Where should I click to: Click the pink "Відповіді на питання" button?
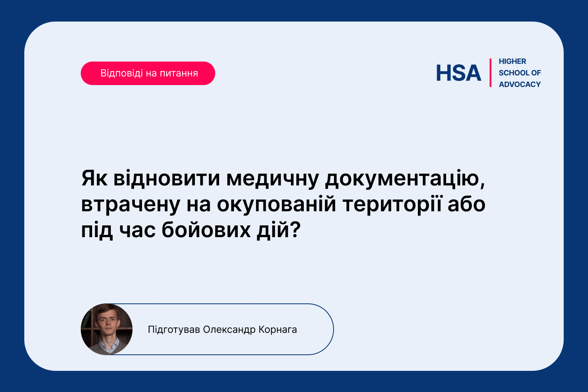[x=148, y=73]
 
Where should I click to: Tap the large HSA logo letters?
[x=458, y=73]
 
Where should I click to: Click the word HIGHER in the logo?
[x=512, y=62]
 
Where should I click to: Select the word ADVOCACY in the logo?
[x=519, y=85]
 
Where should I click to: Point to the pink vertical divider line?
[x=490, y=73]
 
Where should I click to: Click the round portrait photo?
[x=107, y=329]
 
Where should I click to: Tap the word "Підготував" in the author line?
[x=174, y=330]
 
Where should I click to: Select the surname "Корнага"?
[x=278, y=330]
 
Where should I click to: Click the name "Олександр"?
[x=229, y=330]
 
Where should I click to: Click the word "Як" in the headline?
[x=94, y=178]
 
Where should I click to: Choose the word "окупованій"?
[x=276, y=205]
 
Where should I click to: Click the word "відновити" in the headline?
[x=167, y=178]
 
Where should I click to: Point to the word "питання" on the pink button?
[x=179, y=73]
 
